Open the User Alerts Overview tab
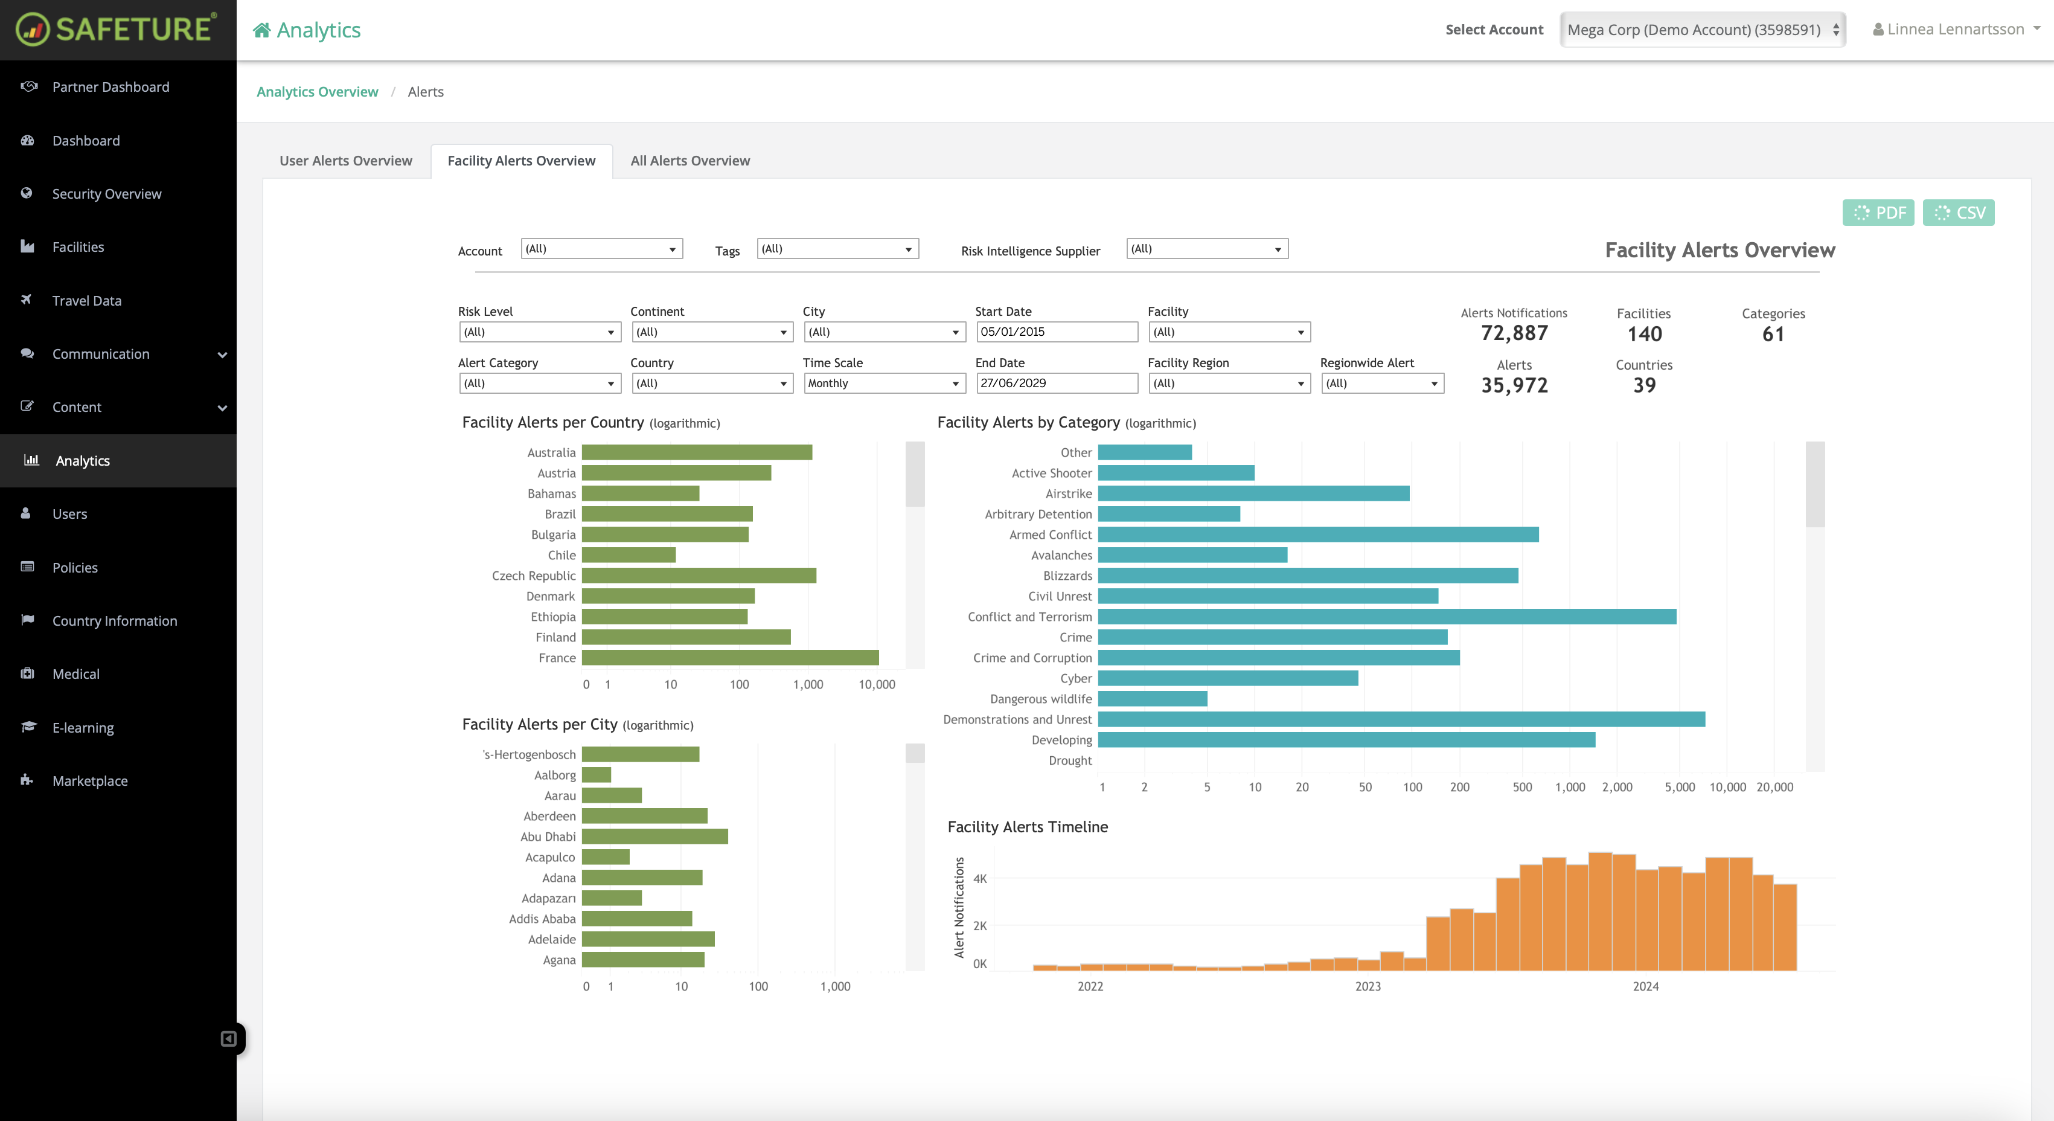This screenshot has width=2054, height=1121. [345, 161]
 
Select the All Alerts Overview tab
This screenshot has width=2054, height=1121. [689, 161]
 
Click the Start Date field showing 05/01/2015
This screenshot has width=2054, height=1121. [1057, 332]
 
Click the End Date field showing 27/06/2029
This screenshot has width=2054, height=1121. [1057, 383]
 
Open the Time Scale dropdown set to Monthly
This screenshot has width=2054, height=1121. [883, 383]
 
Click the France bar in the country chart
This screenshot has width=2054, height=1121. [729, 658]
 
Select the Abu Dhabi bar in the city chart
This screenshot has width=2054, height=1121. [654, 836]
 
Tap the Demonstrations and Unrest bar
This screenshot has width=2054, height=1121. [1401, 720]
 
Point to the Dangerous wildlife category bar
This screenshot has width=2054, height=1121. [1152, 699]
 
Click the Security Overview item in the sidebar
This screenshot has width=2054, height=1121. [107, 194]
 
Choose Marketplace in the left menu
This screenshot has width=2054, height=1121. [90, 781]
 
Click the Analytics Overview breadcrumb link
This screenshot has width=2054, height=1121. [318, 92]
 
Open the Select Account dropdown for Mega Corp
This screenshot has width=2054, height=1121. [1703, 30]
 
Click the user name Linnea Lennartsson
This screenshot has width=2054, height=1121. [1955, 30]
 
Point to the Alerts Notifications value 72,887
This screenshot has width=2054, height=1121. [1514, 333]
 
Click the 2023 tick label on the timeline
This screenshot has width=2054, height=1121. [1368, 986]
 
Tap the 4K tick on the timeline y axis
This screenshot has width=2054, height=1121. [980, 878]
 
